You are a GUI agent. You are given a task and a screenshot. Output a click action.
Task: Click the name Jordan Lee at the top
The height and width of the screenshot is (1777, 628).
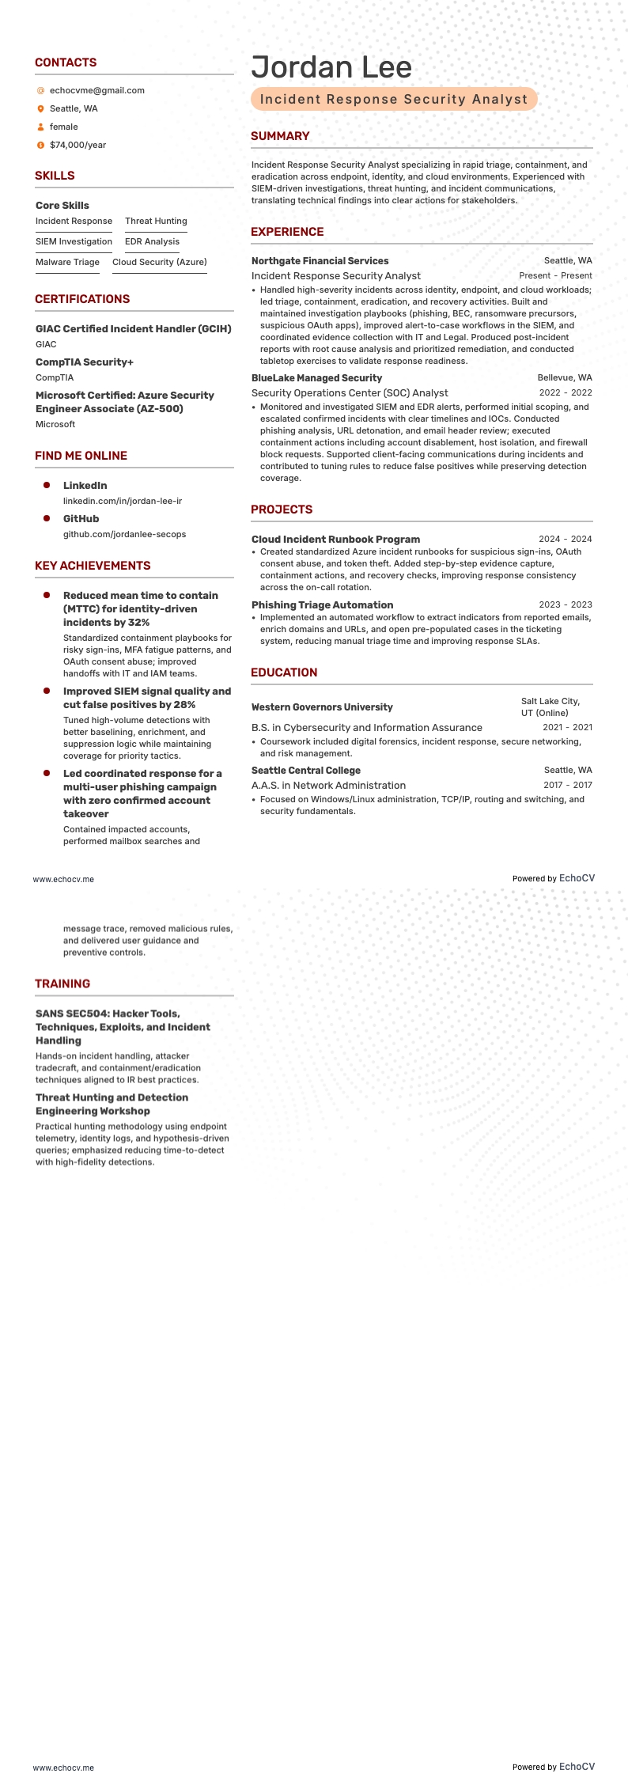pyautogui.click(x=331, y=67)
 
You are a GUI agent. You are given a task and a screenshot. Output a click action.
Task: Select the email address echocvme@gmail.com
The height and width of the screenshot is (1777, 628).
pyautogui.click(x=96, y=90)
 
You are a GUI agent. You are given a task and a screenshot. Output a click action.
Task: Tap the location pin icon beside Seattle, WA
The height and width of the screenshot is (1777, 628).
pyautogui.click(x=40, y=108)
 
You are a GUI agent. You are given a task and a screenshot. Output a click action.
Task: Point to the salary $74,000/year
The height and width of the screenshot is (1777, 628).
pyautogui.click(x=78, y=145)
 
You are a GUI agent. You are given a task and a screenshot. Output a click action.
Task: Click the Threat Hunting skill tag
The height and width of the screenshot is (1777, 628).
pyautogui.click(x=156, y=221)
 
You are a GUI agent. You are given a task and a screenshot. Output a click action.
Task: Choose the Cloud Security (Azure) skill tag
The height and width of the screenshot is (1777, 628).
pyautogui.click(x=159, y=262)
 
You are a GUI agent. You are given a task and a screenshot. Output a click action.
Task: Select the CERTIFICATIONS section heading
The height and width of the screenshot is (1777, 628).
pyautogui.click(x=81, y=299)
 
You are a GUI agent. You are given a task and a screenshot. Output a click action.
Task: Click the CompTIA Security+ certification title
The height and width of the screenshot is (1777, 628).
pyautogui.click(x=85, y=362)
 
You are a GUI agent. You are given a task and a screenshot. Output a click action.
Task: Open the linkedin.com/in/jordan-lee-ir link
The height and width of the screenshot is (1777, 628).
pyautogui.click(x=122, y=501)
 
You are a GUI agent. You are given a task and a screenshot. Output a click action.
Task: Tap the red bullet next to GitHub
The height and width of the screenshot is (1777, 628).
pyautogui.click(x=47, y=517)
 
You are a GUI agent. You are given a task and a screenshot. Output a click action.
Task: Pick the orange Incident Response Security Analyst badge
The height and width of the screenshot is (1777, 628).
pyautogui.click(x=394, y=99)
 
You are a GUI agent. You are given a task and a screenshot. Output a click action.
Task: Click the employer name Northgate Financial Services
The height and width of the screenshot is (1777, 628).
pyautogui.click(x=320, y=260)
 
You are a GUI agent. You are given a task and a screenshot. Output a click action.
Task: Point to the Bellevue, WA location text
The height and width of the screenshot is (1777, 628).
pyautogui.click(x=564, y=377)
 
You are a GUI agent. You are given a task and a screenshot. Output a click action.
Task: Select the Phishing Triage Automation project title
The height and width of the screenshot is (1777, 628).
pyautogui.click(x=322, y=604)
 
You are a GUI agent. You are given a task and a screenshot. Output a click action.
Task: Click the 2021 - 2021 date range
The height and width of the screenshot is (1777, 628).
pyautogui.click(x=566, y=727)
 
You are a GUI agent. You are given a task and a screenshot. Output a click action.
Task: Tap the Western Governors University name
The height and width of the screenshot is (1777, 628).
pyautogui.click(x=322, y=707)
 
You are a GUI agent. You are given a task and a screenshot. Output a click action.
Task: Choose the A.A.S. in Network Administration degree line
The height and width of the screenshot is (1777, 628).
pyautogui.click(x=328, y=785)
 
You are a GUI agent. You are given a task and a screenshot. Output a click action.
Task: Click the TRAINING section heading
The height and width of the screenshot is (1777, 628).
pyautogui.click(x=62, y=983)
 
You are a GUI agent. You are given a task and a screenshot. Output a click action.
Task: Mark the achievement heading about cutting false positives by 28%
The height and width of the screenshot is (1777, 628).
pyautogui.click(x=147, y=698)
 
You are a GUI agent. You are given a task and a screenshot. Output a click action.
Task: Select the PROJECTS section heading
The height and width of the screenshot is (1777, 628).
pyautogui.click(x=282, y=510)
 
